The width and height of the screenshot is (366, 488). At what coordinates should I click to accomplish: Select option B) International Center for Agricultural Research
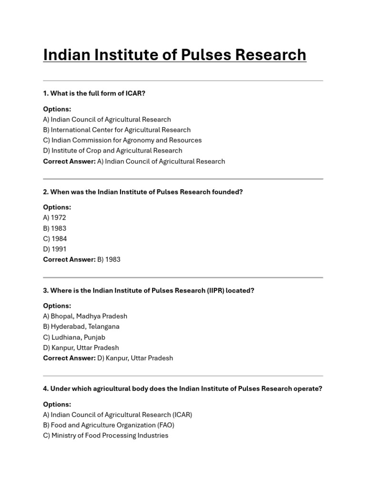[x=117, y=130]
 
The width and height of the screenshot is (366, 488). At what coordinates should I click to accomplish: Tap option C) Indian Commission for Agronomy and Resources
[x=122, y=140]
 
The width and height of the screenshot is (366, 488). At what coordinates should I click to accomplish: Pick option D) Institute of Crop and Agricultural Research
[x=112, y=151]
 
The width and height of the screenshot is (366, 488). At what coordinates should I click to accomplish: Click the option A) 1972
[x=54, y=218]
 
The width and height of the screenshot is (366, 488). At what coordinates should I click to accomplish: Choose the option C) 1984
[x=55, y=239]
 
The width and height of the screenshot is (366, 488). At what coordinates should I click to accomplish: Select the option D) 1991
[x=55, y=249]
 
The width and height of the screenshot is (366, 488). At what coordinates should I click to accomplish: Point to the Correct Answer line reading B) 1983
[x=81, y=260]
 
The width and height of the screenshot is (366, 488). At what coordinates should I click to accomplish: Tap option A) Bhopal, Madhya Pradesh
[x=85, y=316]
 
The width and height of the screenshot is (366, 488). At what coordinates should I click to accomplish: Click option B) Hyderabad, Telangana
[x=81, y=326]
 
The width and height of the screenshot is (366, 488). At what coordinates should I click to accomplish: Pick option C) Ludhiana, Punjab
[x=74, y=337]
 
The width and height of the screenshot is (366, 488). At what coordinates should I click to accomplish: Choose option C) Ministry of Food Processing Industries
[x=105, y=436]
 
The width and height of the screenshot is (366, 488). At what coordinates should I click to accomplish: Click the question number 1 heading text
[x=94, y=93]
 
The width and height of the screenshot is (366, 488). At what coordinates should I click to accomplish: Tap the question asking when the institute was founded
[x=143, y=192]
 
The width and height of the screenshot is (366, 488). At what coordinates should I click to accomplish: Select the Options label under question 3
[x=57, y=306]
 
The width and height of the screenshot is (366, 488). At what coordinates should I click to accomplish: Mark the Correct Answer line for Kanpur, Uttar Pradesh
[x=108, y=358]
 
